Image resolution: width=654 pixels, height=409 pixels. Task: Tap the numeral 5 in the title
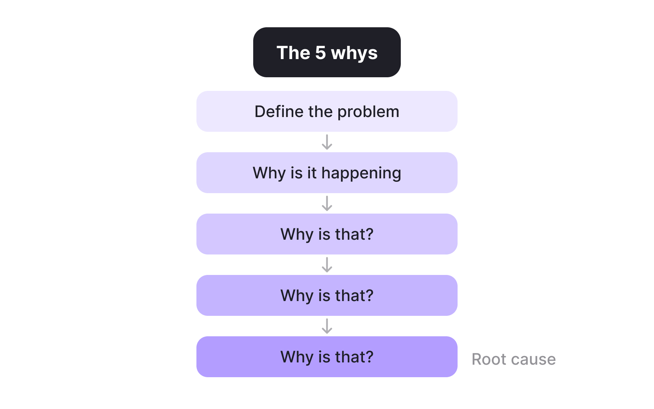320,53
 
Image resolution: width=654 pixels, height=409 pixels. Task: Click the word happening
361,173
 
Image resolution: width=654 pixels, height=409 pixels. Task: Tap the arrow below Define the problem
327,142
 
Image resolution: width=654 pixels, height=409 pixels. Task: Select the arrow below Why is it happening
327,203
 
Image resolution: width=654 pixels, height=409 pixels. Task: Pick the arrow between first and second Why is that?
327,265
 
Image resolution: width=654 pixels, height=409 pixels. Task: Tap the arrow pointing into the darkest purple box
327,326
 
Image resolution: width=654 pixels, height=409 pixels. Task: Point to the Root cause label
514,359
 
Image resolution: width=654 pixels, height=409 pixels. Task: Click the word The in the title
293,53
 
